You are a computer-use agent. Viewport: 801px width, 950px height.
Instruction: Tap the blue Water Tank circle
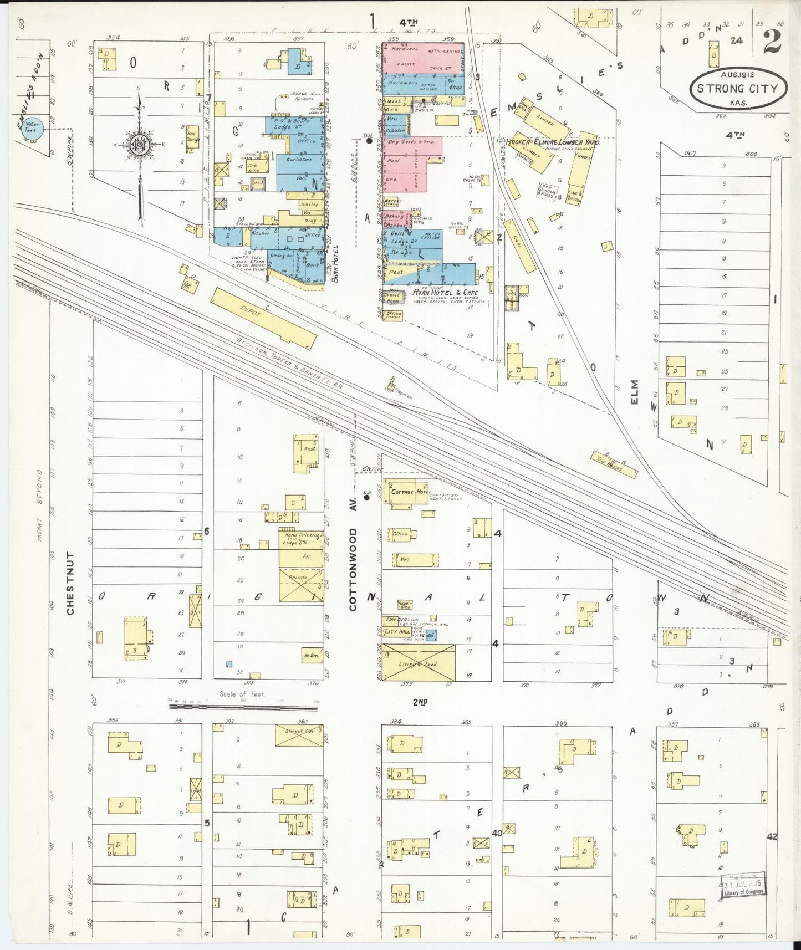pyautogui.click(x=32, y=130)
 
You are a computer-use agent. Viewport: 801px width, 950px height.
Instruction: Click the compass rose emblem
pyautogui.click(x=137, y=145)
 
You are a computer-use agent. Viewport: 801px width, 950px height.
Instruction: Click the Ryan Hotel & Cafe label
pyautogui.click(x=445, y=293)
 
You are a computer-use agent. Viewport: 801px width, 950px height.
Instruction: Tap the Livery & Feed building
pyautogui.click(x=419, y=663)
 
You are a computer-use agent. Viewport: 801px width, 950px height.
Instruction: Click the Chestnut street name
pyautogui.click(x=70, y=583)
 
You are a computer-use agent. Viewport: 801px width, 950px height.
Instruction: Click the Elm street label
pyautogui.click(x=634, y=391)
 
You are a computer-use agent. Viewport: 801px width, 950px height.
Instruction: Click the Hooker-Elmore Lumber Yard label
pyautogui.click(x=552, y=142)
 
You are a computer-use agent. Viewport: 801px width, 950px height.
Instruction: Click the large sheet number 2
pyautogui.click(x=772, y=43)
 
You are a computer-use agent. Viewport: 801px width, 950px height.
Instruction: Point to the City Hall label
pyautogui.click(x=397, y=632)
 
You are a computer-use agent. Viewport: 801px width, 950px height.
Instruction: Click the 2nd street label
pyautogui.click(x=420, y=702)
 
